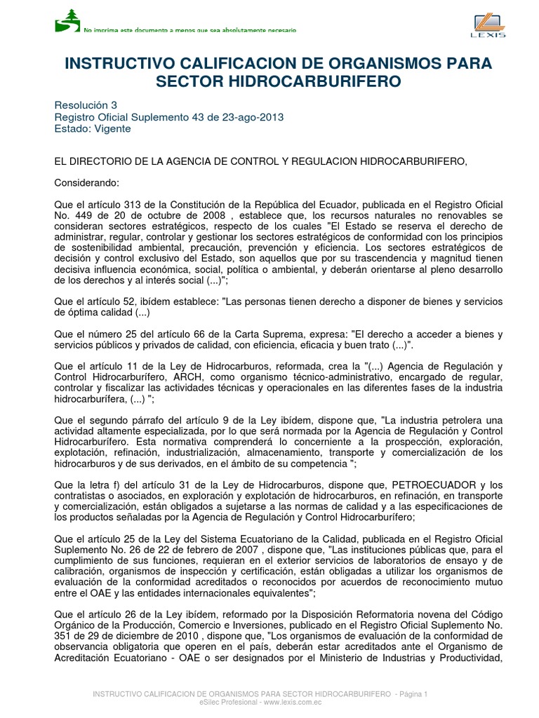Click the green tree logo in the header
click(67, 20)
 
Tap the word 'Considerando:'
click(87, 183)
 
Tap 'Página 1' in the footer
click(412, 693)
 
